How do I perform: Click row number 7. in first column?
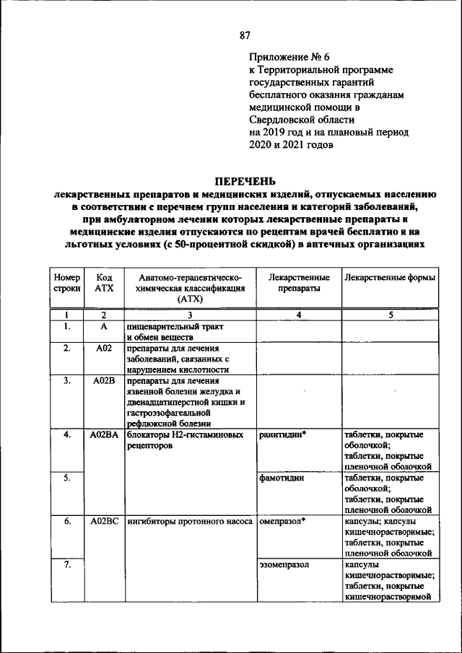click(66, 565)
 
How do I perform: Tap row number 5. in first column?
click(66, 478)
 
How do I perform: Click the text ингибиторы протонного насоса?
click(190, 522)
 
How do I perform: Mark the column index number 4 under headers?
click(299, 315)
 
